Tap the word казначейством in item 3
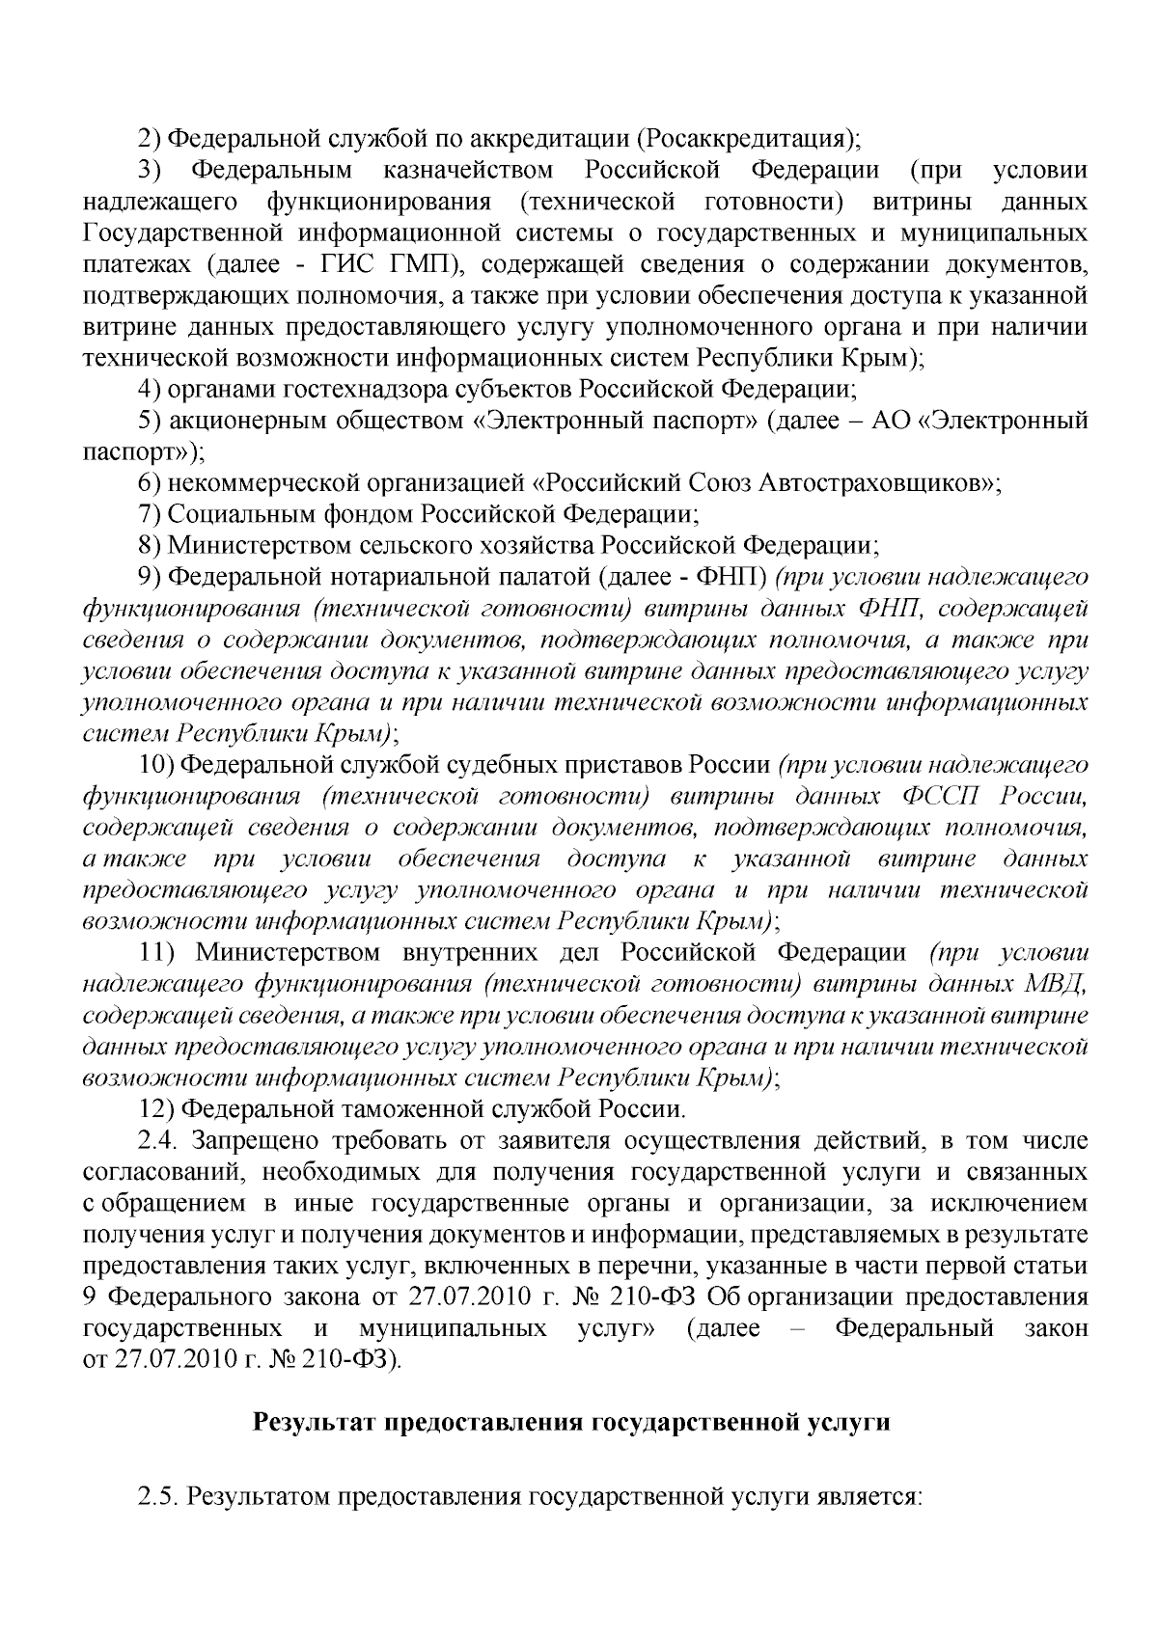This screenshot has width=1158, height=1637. pyautogui.click(x=469, y=171)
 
